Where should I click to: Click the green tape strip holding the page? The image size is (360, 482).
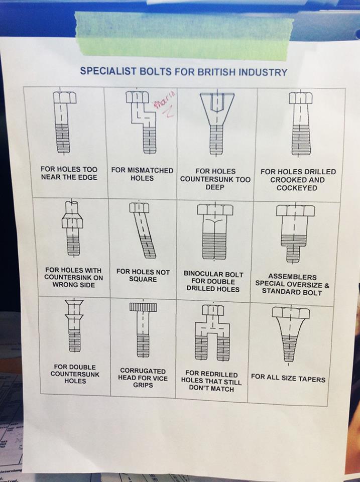tap(184, 35)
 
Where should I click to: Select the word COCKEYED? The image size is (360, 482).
tap(297, 188)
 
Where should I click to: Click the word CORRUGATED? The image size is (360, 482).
tap(143, 371)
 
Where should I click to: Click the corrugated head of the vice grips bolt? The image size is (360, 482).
tap(143, 307)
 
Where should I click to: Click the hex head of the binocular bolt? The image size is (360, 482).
tap(215, 210)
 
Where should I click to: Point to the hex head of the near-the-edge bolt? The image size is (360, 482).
tap(65, 97)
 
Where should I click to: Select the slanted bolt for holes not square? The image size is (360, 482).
tap(143, 230)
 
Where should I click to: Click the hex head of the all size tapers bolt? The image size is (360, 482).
tap(291, 312)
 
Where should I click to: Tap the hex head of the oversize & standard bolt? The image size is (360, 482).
tap(295, 210)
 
